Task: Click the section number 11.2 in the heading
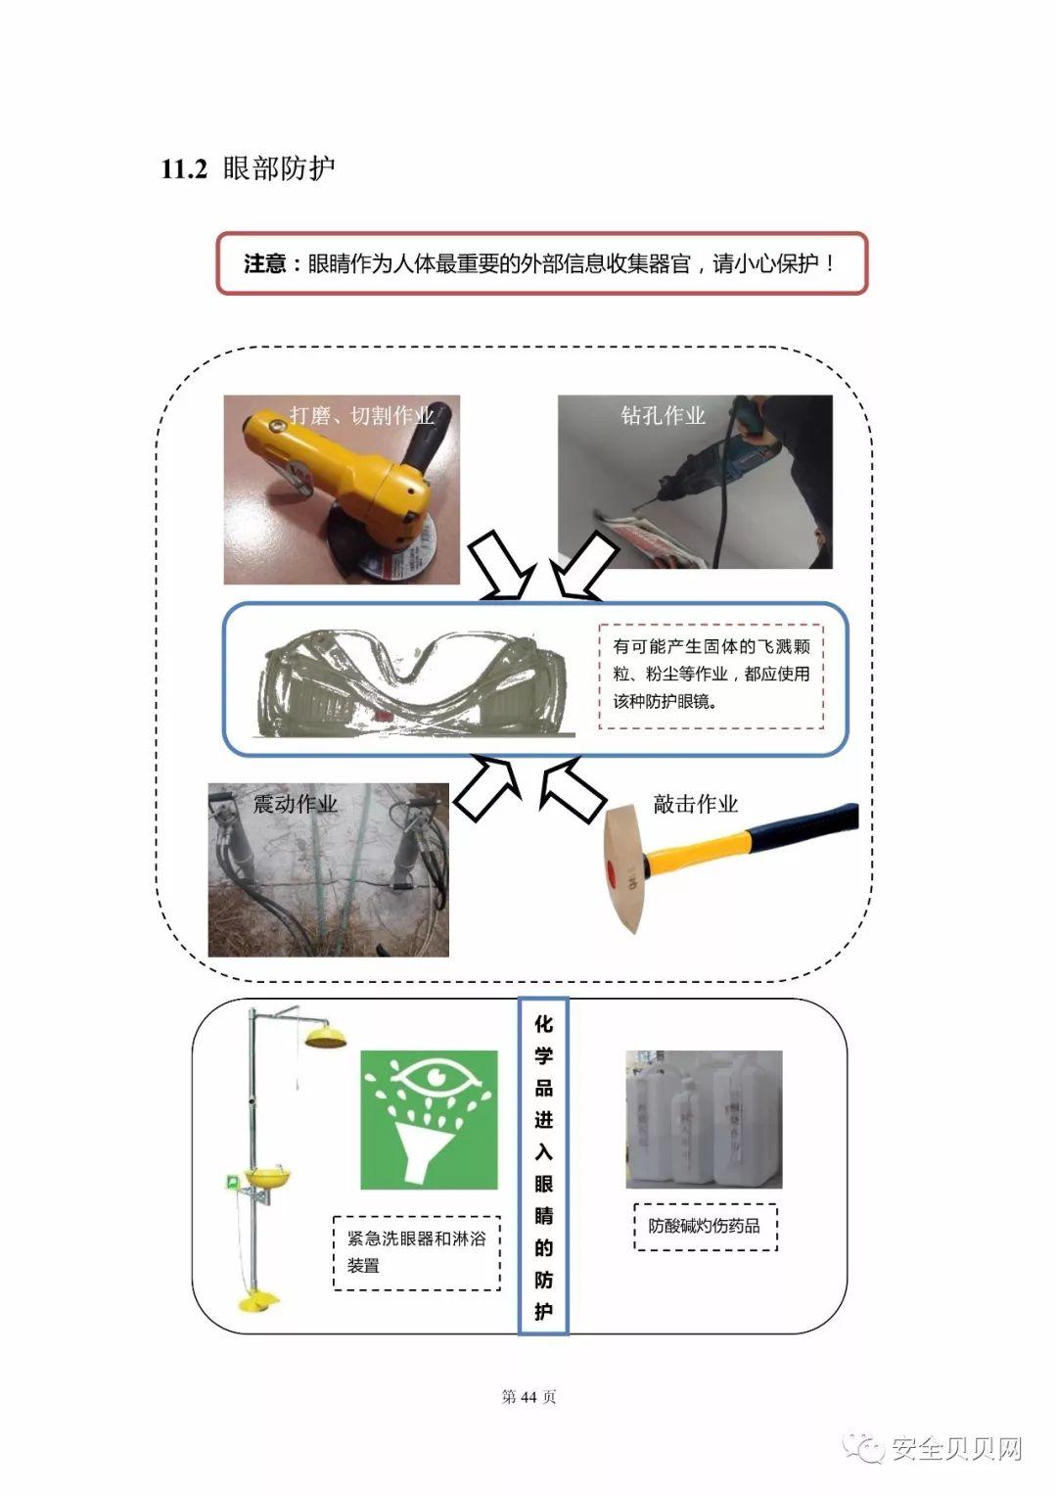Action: click(184, 168)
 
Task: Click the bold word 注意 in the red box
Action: click(264, 264)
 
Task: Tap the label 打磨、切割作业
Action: click(361, 415)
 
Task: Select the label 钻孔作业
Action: click(663, 415)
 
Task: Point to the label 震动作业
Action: click(295, 804)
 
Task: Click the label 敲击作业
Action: click(695, 804)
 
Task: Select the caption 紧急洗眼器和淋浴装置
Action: click(416, 1252)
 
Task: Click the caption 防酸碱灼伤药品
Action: click(704, 1226)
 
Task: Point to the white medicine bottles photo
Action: click(704, 1120)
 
